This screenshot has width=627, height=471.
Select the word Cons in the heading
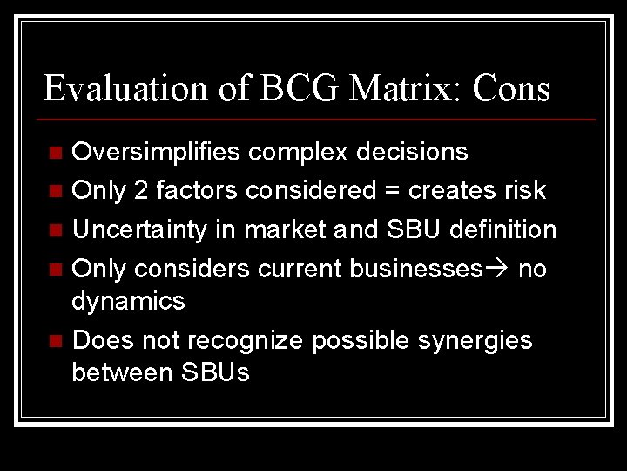tap(511, 89)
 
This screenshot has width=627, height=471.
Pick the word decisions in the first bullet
tap(410, 153)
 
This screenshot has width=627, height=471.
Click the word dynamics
tap(128, 302)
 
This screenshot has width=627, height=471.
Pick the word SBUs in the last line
tap(215, 372)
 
